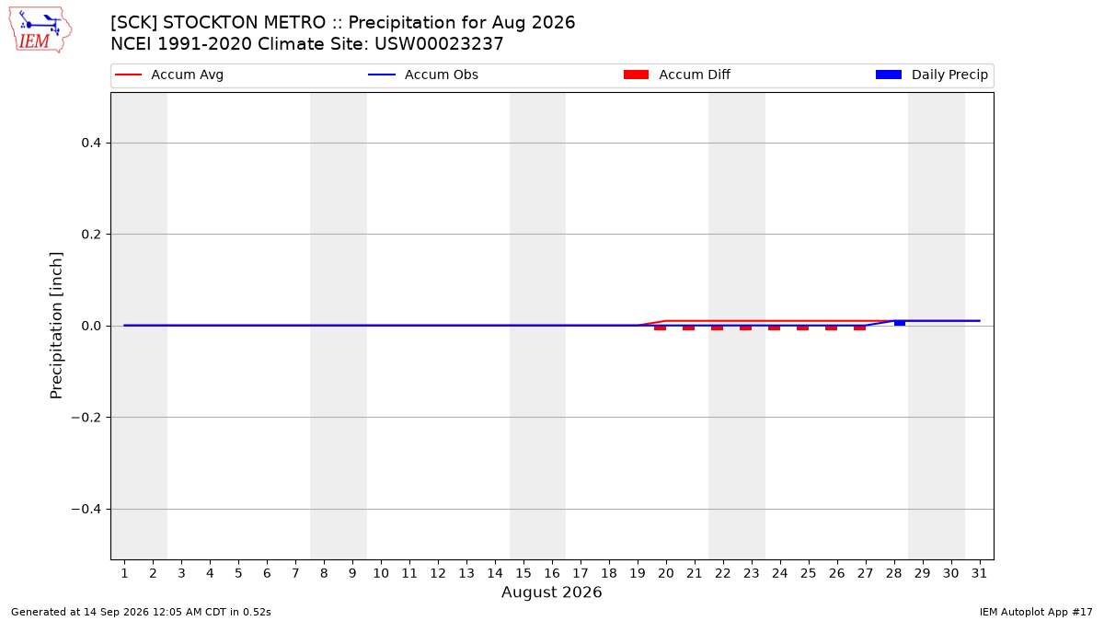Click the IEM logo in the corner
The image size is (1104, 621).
(40, 30)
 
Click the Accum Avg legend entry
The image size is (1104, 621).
(169, 75)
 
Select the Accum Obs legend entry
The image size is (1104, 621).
(423, 75)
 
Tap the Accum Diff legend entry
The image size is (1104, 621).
(677, 75)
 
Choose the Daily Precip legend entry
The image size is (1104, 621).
(931, 75)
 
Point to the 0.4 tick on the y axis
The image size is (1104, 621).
(91, 143)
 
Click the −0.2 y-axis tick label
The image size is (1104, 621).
(86, 418)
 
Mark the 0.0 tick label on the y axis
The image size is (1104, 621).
(91, 326)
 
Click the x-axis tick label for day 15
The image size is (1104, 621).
(523, 573)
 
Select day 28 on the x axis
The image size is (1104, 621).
(893, 573)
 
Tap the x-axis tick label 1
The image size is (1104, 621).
(124, 573)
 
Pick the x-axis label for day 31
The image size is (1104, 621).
(979, 573)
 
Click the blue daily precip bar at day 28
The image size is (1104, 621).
(900, 323)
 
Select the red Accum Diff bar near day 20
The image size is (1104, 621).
(661, 328)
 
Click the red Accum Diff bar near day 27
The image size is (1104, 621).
(860, 328)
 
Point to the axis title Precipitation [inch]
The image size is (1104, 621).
(56, 326)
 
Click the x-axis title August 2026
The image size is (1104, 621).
(551, 592)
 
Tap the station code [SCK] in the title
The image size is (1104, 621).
(134, 23)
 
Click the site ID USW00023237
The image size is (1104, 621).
(439, 44)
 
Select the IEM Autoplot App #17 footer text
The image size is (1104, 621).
(1036, 612)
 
